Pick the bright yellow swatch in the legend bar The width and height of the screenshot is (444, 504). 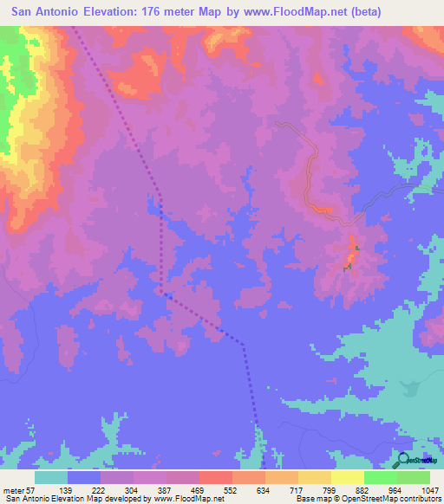tap(347, 478)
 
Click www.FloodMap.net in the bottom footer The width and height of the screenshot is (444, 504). tap(180, 499)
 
